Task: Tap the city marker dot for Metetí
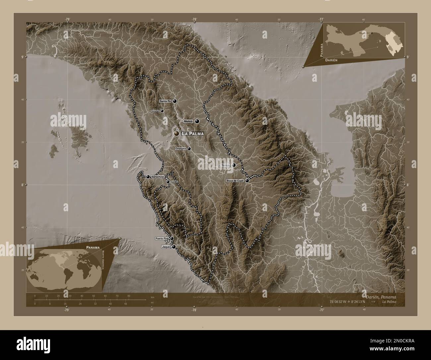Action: (x=197, y=122)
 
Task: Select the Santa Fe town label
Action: (x=165, y=101)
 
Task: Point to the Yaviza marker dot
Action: (x=234, y=165)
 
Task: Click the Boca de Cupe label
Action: (x=235, y=181)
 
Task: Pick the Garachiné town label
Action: (x=158, y=177)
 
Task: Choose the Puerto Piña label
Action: (x=162, y=238)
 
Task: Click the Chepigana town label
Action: (x=181, y=149)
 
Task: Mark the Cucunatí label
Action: (x=155, y=111)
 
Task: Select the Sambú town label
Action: (x=174, y=182)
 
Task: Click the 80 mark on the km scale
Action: (x=128, y=296)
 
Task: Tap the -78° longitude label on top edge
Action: (x=194, y=19)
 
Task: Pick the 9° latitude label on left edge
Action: (x=23, y=57)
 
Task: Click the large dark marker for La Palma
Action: (x=177, y=133)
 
